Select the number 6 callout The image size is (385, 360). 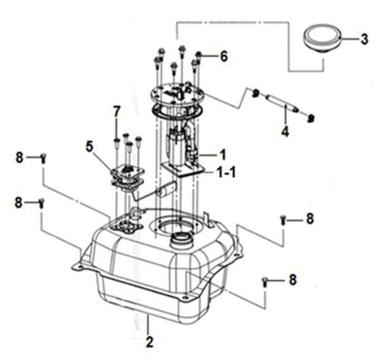coord(224,56)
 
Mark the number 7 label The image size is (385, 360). coord(116,111)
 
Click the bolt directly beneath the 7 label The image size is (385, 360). coord(116,140)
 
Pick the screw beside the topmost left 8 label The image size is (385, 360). coord(43,159)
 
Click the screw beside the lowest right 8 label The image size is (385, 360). coord(264,283)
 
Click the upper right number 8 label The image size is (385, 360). coord(309,219)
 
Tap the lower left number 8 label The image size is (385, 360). coord(20,202)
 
